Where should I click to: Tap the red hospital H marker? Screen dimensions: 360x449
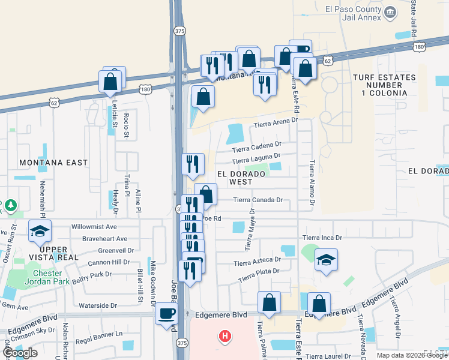click(x=224, y=336)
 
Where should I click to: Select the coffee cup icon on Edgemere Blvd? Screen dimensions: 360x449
click(x=166, y=313)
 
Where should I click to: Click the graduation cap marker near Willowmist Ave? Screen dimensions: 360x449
click(x=40, y=231)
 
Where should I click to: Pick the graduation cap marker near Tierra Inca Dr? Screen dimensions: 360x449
click(x=326, y=260)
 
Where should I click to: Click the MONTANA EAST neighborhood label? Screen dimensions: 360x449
click(x=53, y=163)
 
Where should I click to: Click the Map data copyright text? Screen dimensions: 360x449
click(x=412, y=355)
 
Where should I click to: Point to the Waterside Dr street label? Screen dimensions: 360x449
click(x=98, y=305)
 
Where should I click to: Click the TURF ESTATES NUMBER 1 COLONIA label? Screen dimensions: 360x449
click(x=384, y=85)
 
